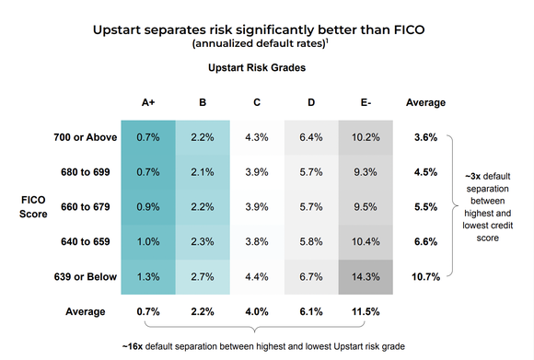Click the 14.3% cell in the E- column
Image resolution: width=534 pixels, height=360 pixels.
tap(366, 275)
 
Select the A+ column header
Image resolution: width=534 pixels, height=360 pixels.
tap(147, 102)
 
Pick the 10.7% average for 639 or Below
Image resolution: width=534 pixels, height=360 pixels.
tap(425, 275)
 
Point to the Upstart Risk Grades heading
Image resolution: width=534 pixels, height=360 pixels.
tap(257, 67)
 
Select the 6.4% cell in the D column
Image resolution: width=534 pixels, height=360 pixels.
tap(311, 137)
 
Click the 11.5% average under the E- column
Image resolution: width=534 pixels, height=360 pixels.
tap(366, 311)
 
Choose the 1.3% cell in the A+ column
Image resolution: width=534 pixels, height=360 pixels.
tap(147, 275)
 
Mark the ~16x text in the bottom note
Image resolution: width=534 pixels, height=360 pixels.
tap(133, 347)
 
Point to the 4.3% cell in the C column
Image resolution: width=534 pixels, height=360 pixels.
tap(257, 137)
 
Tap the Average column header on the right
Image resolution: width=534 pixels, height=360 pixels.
tap(425, 102)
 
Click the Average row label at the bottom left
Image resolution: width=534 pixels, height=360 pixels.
tap(87, 311)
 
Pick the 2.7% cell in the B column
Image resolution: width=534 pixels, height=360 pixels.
tap(202, 275)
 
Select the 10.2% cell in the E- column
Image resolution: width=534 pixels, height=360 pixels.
tap(366, 137)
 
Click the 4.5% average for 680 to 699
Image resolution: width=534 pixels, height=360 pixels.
tap(425, 171)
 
